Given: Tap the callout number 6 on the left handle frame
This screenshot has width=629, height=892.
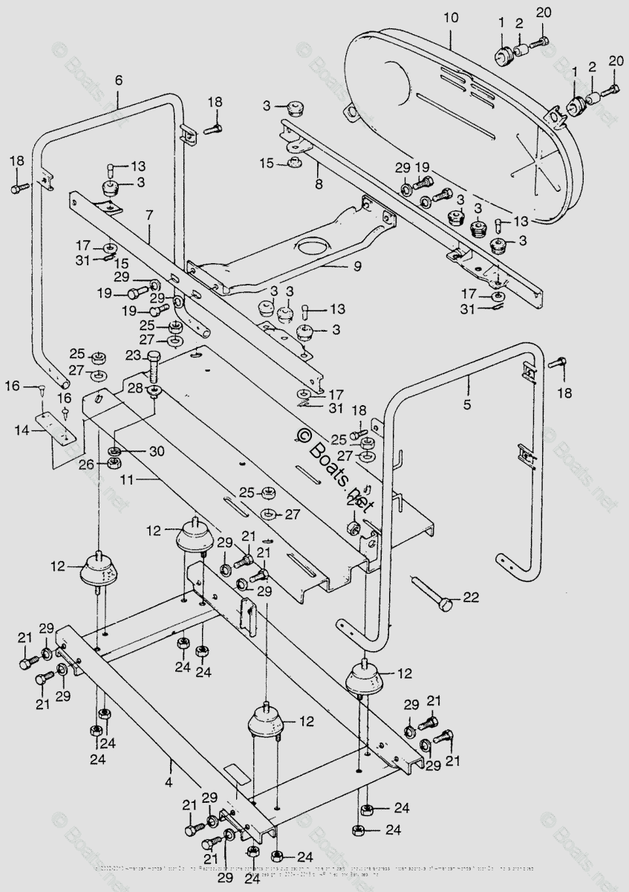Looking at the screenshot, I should [118, 80].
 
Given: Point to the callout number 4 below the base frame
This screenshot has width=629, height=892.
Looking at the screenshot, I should [169, 782].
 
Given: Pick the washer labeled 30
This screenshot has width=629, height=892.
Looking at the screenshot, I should [116, 451].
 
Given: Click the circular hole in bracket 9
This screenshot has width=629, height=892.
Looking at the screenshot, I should [313, 247].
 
